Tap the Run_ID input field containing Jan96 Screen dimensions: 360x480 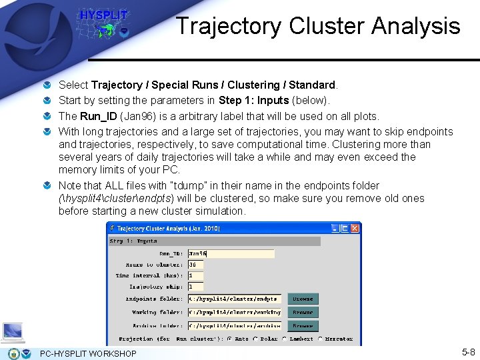pos(231,254)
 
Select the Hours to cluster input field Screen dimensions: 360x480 pos(195,265)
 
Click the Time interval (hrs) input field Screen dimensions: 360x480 pos(195,275)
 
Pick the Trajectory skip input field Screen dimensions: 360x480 pos(195,287)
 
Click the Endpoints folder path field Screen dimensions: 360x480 pos(234,299)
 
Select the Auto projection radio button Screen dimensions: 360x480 pos(229,339)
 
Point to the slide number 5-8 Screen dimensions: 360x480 pos(468,351)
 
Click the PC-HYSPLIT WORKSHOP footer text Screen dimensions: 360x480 pos(88,353)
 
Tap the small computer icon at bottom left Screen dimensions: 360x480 pos(13,331)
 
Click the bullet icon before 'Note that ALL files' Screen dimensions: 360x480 pos(49,186)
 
